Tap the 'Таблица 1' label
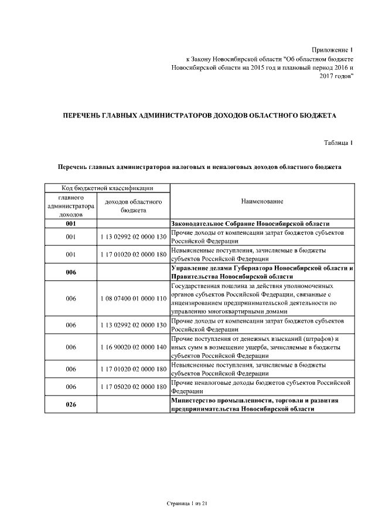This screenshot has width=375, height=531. pyautogui.click(x=339, y=143)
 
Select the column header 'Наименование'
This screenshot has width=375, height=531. pyautogui.click(x=262, y=201)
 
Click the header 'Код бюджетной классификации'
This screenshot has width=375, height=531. pyautogui.click(x=108, y=188)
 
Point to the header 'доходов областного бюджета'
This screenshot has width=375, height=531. pyautogui.click(x=134, y=205)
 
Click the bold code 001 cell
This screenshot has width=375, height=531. pyautogui.click(x=71, y=224)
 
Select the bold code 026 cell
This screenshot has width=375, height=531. pyautogui.click(x=71, y=404)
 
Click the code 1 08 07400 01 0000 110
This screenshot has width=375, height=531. pyautogui.click(x=134, y=299)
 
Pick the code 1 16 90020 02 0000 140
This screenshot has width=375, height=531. pyautogui.click(x=134, y=347)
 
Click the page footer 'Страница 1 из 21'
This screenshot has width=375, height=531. pyautogui.click(x=187, y=503)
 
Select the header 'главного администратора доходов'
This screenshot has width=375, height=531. pyautogui.click(x=71, y=206)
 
